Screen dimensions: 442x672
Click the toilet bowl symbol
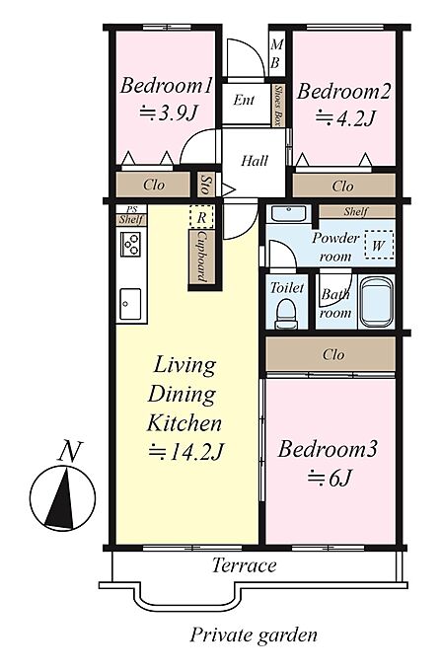(x=286, y=313)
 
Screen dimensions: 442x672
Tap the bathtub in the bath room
(x=377, y=302)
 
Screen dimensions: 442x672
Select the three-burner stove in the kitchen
(x=130, y=244)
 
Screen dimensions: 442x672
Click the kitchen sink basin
(x=130, y=304)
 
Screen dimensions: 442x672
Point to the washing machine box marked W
(x=379, y=245)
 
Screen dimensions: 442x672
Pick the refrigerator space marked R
(x=201, y=217)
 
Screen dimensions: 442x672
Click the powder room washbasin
(x=289, y=213)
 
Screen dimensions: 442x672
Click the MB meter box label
(x=276, y=53)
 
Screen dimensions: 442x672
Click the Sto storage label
(x=205, y=185)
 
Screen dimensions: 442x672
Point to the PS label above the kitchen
(x=131, y=209)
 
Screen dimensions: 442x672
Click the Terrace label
(x=245, y=565)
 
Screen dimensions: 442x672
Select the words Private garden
(x=254, y=635)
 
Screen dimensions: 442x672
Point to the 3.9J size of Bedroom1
(x=169, y=113)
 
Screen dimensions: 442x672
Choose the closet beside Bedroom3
(x=331, y=354)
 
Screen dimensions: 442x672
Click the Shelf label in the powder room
(x=356, y=211)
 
